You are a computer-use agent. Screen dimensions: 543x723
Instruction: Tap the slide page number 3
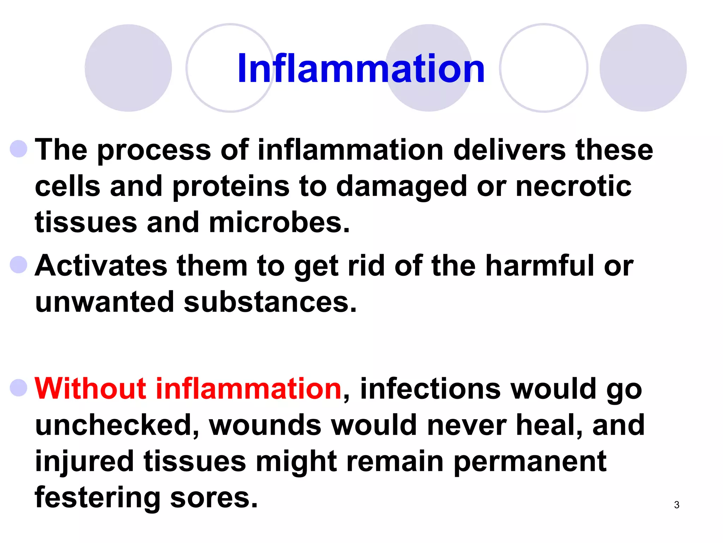[x=676, y=505]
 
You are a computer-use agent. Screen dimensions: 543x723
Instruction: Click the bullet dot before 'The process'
[x=19, y=149]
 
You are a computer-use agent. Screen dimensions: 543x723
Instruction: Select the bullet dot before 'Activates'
[x=19, y=265]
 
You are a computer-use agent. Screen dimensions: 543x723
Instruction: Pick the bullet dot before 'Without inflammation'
[x=19, y=388]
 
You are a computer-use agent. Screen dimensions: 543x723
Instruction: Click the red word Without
[x=90, y=389]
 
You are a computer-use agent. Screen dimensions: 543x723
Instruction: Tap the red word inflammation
[x=248, y=389]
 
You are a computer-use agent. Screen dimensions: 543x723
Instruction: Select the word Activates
[x=101, y=266]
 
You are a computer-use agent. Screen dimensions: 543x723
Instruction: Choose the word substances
[x=270, y=302]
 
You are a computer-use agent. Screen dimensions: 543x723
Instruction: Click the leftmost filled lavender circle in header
[x=128, y=68]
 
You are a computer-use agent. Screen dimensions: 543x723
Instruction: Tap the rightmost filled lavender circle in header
[x=643, y=68]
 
